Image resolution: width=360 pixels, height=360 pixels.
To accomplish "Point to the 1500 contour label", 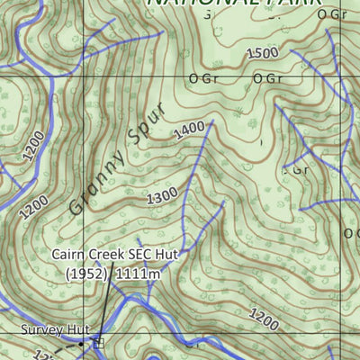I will pos(261,53).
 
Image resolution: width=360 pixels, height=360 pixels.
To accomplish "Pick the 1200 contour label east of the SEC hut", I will pos(264,317).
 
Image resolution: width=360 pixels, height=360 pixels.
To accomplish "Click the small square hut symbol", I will pos(98,343).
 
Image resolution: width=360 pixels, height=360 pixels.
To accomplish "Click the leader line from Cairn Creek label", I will pos(106,306).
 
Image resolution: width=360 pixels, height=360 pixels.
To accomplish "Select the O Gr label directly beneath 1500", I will pos(268,78).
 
